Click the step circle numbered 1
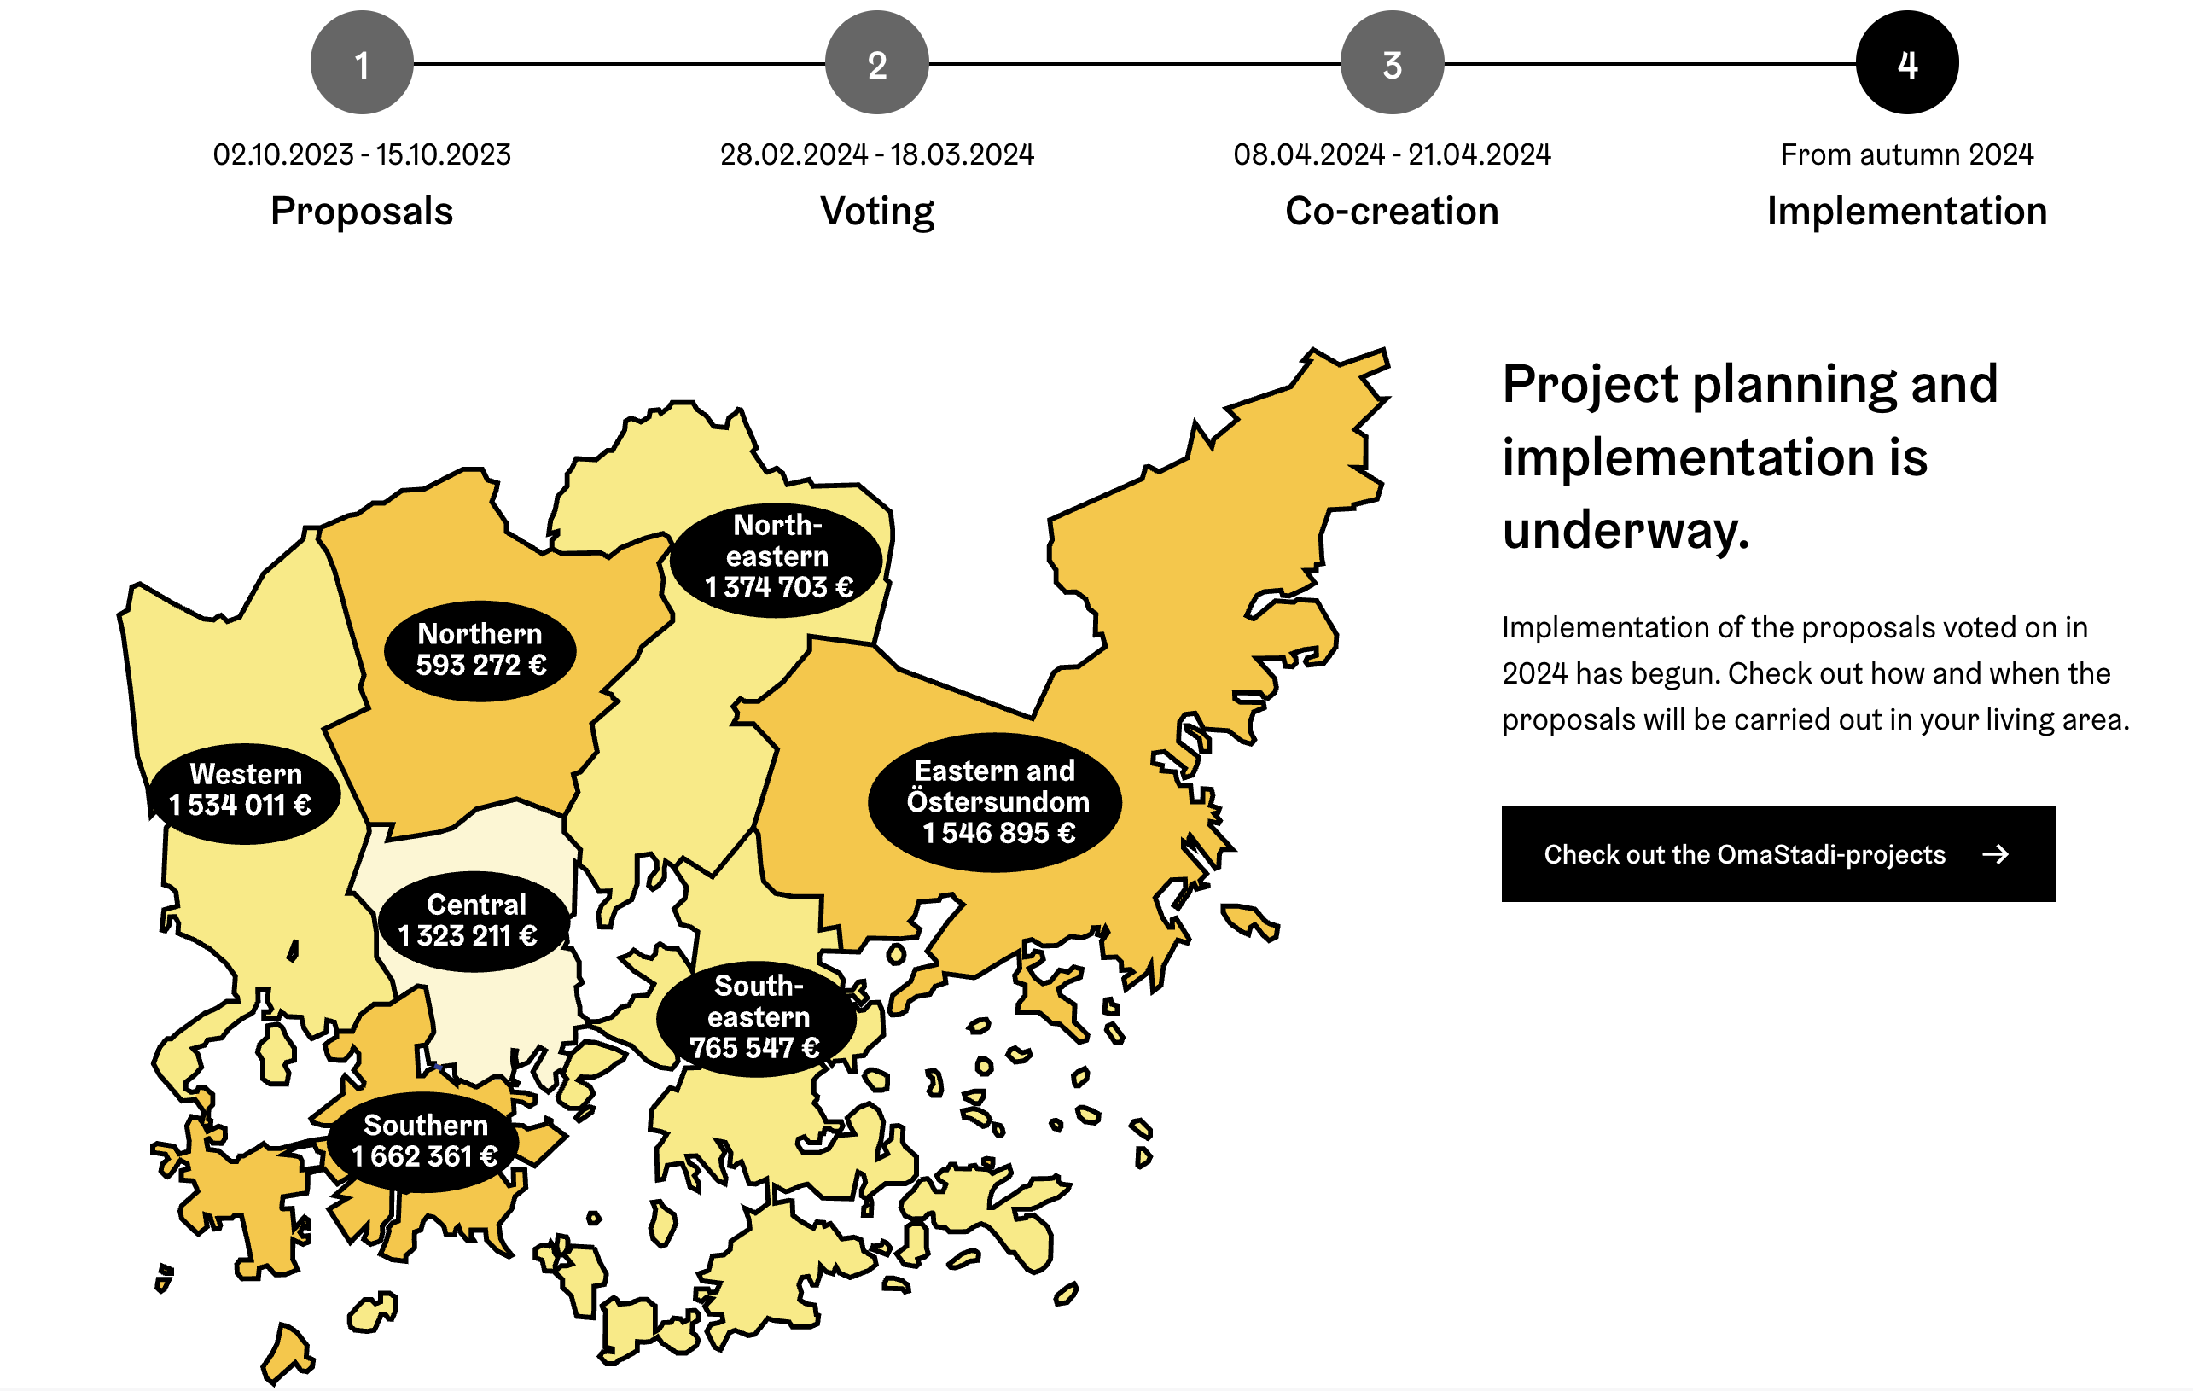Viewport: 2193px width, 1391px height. pyautogui.click(x=362, y=63)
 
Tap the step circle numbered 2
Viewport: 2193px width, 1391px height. pyautogui.click(x=876, y=63)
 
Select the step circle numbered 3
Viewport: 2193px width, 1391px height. pyautogui.click(x=1392, y=63)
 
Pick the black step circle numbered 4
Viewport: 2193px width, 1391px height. pyautogui.click(x=1907, y=63)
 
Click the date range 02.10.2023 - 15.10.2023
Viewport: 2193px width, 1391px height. pyautogui.click(x=362, y=154)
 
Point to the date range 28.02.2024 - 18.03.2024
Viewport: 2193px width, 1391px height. pyautogui.click(x=877, y=154)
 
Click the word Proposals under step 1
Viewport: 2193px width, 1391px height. pyautogui.click(x=362, y=212)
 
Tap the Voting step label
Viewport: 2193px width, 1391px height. pyautogui.click(x=877, y=212)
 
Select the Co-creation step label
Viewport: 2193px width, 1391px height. pyautogui.click(x=1392, y=212)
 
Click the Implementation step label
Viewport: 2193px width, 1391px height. pyautogui.click(x=1907, y=212)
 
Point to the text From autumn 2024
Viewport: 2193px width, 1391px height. pyautogui.click(x=1907, y=154)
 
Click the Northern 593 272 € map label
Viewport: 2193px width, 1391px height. pyautogui.click(x=480, y=650)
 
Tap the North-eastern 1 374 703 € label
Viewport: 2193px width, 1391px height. pyautogui.click(x=777, y=556)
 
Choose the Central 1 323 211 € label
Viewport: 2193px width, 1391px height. pyautogui.click(x=474, y=921)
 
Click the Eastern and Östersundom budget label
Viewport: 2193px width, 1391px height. pyautogui.click(x=996, y=801)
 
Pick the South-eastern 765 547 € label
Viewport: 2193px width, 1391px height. pyautogui.click(x=756, y=1017)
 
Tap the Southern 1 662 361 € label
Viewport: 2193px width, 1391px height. pyautogui.click(x=423, y=1142)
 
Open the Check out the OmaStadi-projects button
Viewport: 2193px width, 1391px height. pyautogui.click(x=1777, y=853)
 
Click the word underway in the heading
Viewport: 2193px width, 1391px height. pyautogui.click(x=1626, y=530)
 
